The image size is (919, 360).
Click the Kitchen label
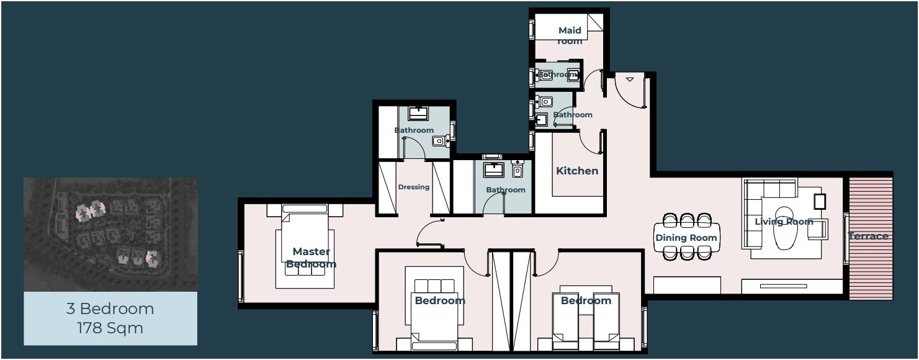(577, 171)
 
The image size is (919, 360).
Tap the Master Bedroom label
(311, 258)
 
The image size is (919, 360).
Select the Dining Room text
(686, 238)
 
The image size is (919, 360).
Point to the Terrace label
(868, 236)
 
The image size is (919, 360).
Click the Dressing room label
(413, 187)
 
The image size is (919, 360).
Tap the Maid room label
(570, 36)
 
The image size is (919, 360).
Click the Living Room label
(784, 222)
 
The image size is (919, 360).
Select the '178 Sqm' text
(110, 328)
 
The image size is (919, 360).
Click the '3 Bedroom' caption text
(110, 308)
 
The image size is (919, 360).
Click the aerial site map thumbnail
(110, 235)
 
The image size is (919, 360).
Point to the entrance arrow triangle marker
(630, 79)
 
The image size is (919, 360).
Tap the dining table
(687, 238)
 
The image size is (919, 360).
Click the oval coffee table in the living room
(785, 228)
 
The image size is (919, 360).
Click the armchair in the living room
(818, 229)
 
